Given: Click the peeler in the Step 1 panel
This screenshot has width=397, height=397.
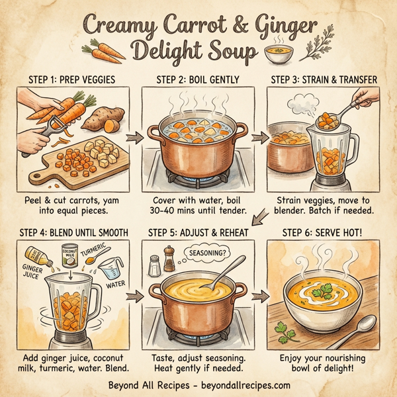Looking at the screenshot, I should pos(43,132).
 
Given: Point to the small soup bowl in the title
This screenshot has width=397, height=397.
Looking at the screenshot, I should pos(278,54).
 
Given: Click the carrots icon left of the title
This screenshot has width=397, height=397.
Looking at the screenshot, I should pos(100,48).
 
